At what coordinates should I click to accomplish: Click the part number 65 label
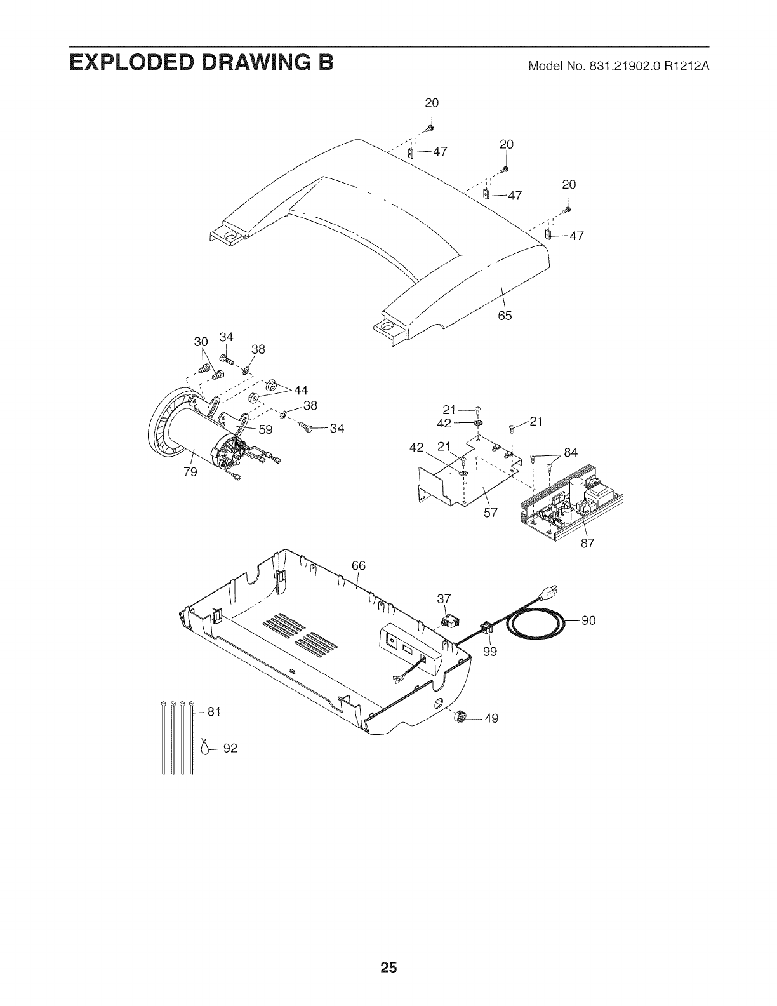point(505,316)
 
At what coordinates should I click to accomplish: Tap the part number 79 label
point(190,471)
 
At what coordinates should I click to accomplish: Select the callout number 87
point(587,543)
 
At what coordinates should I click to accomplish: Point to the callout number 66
point(359,567)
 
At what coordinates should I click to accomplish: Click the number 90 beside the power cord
point(588,620)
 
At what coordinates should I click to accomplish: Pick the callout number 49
point(491,718)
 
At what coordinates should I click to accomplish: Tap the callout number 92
point(230,749)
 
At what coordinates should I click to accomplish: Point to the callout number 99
point(489,651)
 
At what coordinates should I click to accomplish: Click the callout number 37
point(444,599)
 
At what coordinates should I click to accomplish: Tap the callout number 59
point(265,429)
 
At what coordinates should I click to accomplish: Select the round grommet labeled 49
point(462,717)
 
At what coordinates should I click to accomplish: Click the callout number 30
point(201,342)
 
